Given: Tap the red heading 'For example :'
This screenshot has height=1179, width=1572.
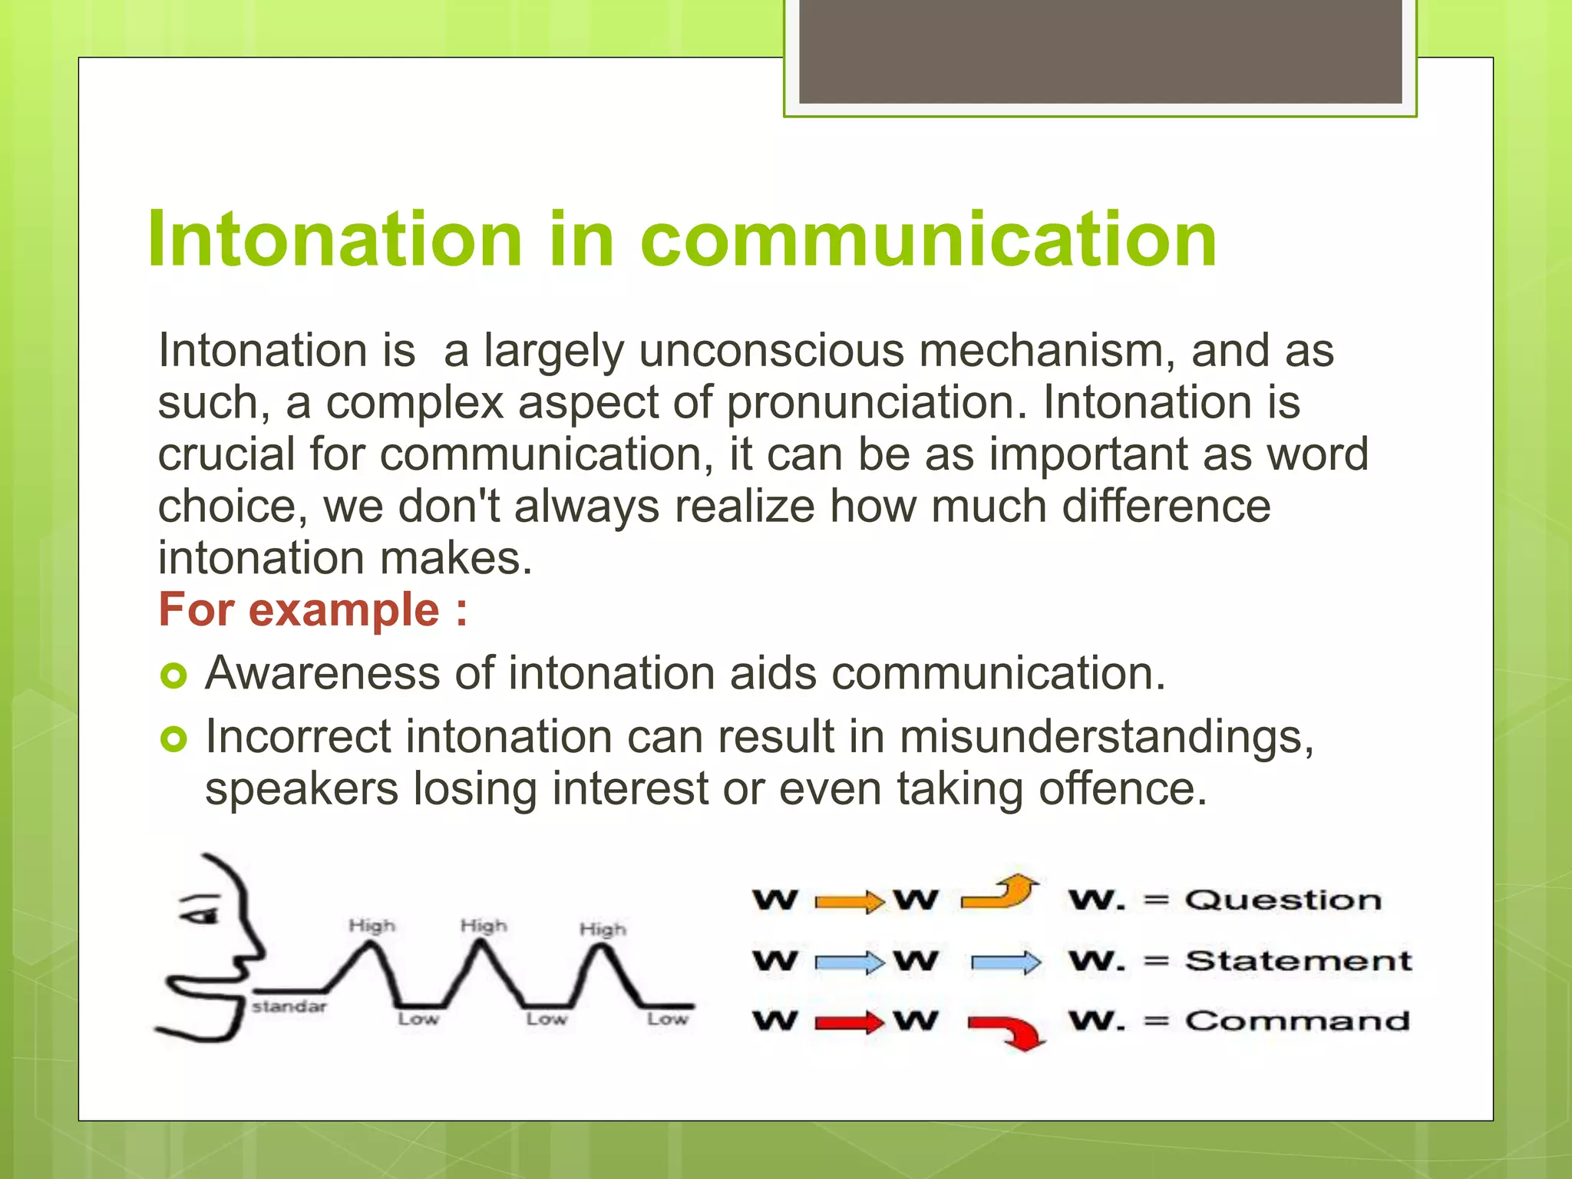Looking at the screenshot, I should pyautogui.click(x=312, y=610).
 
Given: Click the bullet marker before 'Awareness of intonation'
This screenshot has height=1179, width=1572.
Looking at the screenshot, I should pyautogui.click(x=173, y=676).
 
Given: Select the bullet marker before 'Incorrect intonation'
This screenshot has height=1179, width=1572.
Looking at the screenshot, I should pyautogui.click(x=173, y=740).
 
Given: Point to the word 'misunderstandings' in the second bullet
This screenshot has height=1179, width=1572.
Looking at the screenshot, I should pyautogui.click(x=1105, y=737).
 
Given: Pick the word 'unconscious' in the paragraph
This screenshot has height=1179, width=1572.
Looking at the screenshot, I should pyautogui.click(x=771, y=352).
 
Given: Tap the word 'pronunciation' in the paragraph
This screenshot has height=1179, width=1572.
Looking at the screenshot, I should pyautogui.click(x=875, y=403).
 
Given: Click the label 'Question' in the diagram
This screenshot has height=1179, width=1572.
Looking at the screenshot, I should pyautogui.click(x=1282, y=900).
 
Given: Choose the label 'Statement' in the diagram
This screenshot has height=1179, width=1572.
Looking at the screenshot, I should pyautogui.click(x=1297, y=961).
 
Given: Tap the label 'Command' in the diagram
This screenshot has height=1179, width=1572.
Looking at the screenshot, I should pyautogui.click(x=1296, y=1021).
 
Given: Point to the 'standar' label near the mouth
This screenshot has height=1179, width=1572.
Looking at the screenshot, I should pyautogui.click(x=289, y=1006).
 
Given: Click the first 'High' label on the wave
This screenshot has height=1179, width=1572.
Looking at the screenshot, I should pyautogui.click(x=372, y=926).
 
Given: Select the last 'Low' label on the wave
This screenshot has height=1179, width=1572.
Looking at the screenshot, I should pyautogui.click(x=666, y=1019).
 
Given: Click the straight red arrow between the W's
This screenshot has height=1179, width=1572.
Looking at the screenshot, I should pyautogui.click(x=848, y=1022).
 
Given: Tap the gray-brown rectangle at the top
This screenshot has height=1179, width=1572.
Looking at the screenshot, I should pyautogui.click(x=1100, y=51).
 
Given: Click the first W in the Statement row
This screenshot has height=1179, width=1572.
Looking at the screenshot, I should pyautogui.click(x=775, y=961).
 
